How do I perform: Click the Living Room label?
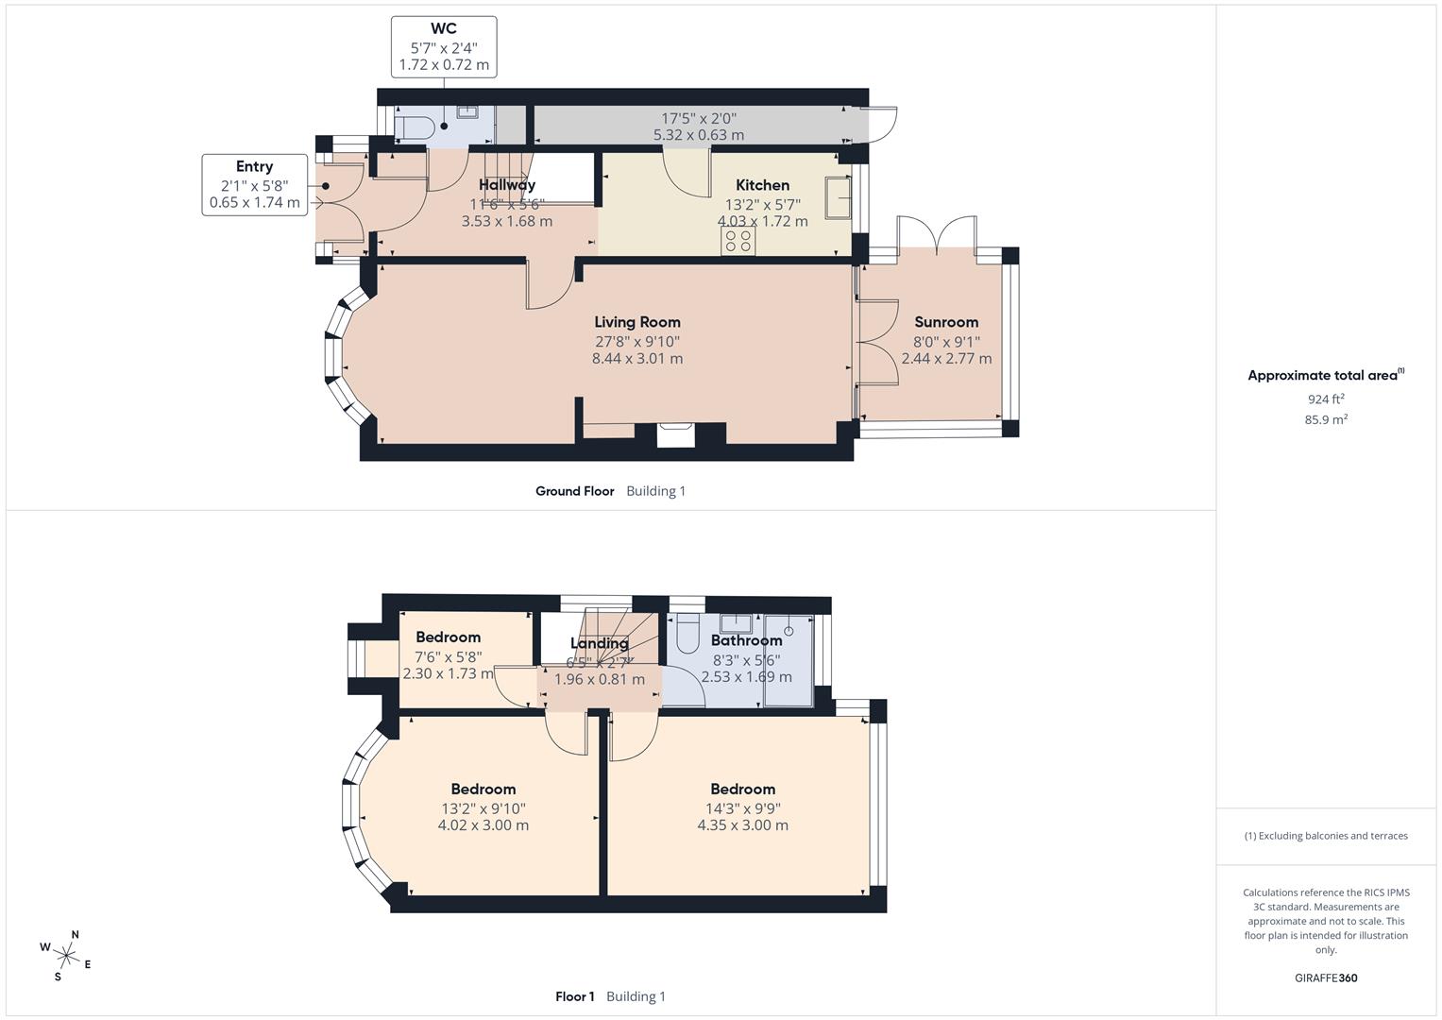[x=636, y=322]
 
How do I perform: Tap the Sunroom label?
[x=946, y=322]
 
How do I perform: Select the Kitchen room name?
[x=762, y=185]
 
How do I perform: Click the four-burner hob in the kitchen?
[x=738, y=242]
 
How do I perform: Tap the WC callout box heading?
[x=444, y=29]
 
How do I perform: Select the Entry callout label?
[x=254, y=167]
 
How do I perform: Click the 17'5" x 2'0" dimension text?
[x=698, y=119]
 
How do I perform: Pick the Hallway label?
[x=506, y=185]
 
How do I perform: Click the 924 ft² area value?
[x=1326, y=399]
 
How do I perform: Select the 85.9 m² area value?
[x=1326, y=419]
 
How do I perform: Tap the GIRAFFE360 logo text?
[x=1326, y=977]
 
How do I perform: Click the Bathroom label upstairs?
[x=746, y=640]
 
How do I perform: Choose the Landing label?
[x=599, y=643]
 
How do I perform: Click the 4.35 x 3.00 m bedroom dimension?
[x=742, y=825]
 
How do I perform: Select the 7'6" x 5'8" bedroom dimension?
[x=448, y=656]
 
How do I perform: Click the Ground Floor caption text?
[x=574, y=491]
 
